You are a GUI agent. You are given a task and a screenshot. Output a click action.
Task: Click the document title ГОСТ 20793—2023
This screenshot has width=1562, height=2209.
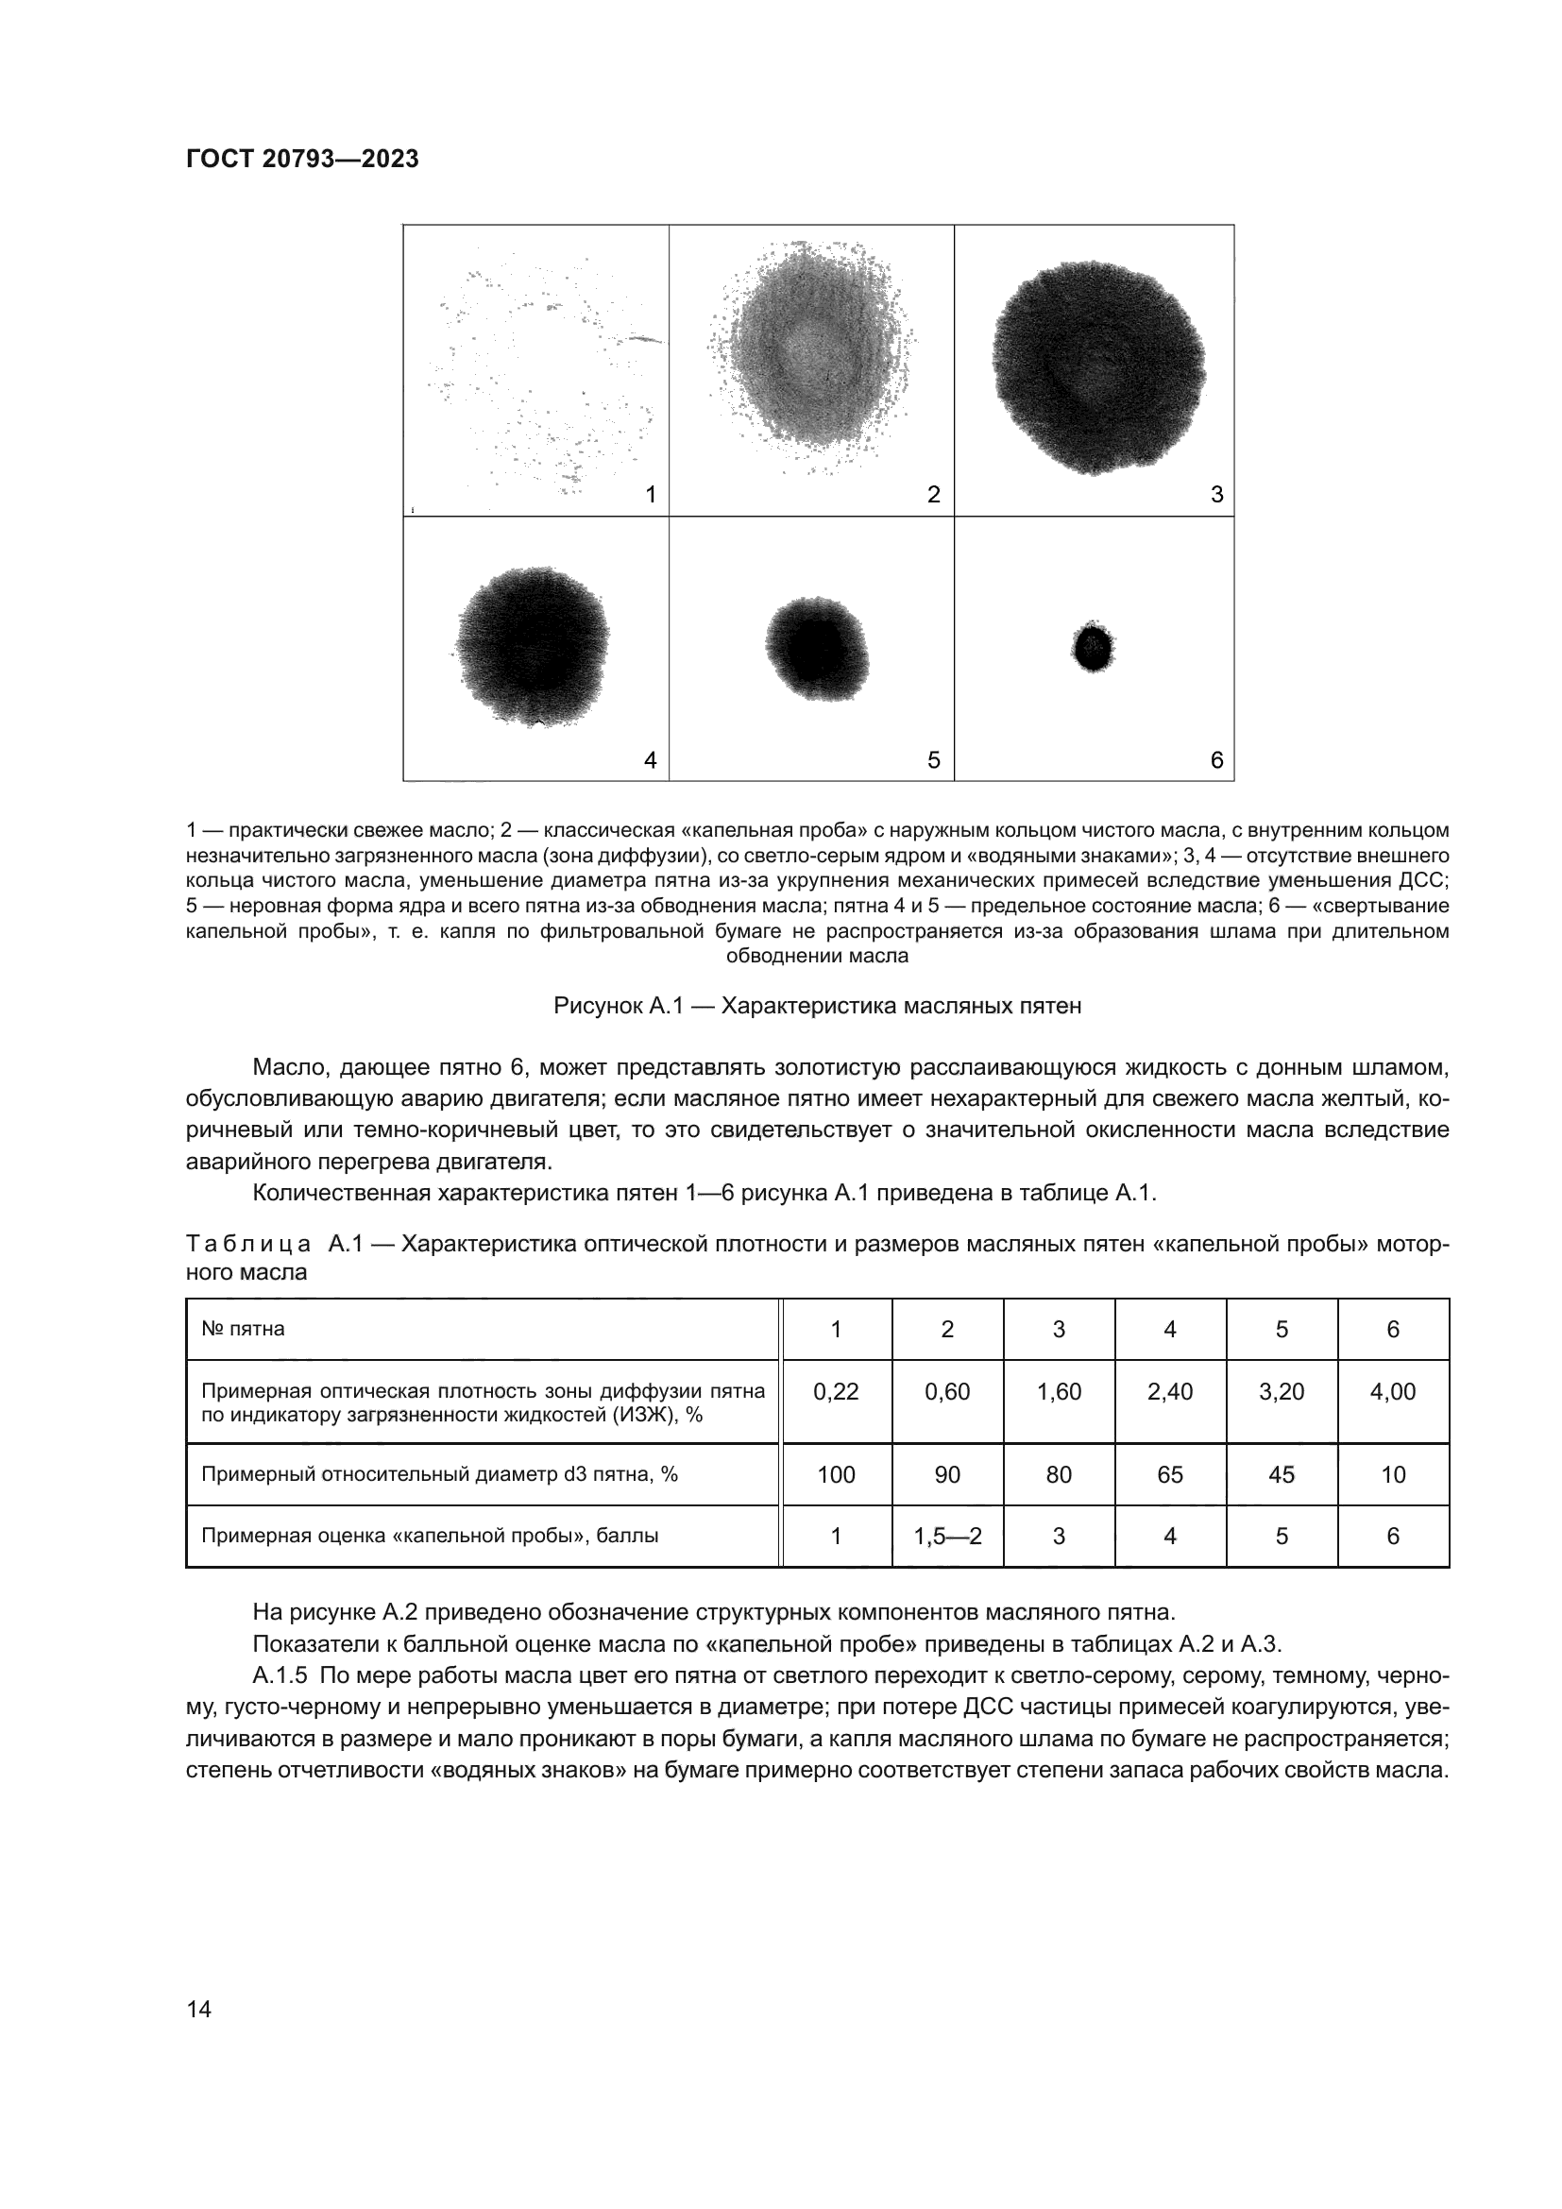302,159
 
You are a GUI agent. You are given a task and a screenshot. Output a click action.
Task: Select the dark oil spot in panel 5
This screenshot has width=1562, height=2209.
817,648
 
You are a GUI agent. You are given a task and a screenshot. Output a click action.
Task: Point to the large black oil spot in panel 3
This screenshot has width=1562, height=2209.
1097,365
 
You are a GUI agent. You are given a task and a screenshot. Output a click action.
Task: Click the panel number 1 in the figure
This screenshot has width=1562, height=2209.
650,495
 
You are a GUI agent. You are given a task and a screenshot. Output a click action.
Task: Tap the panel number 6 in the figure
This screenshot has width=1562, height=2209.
1215,760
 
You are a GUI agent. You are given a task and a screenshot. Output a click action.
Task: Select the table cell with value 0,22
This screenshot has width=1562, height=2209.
836,1391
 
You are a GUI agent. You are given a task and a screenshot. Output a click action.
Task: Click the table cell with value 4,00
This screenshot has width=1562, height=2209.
1393,1391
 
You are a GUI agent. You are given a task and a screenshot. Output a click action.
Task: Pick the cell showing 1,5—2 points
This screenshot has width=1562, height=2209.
947,1536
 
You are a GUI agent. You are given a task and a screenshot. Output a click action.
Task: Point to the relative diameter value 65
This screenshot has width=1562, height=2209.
1169,1474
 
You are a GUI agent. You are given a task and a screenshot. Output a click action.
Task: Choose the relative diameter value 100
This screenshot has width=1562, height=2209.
836,1474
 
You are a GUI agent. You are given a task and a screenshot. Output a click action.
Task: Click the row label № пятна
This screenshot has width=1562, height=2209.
243,1329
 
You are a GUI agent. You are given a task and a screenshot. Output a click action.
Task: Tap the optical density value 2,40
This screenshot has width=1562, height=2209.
1169,1391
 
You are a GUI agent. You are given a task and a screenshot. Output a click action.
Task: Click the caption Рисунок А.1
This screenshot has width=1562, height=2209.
817,1006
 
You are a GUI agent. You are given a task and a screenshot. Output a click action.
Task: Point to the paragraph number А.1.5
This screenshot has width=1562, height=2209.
279,1675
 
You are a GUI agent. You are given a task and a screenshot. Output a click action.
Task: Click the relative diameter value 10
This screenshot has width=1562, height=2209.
1393,1474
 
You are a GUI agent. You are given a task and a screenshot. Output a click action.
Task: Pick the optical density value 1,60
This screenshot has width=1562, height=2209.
1058,1391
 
